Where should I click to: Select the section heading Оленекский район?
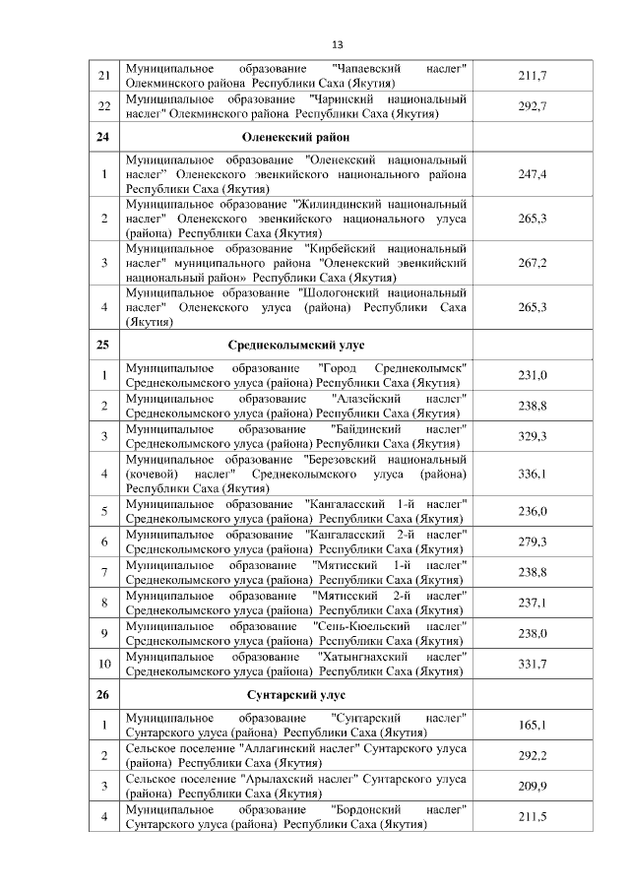(x=295, y=137)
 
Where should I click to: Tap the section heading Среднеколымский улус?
(x=295, y=346)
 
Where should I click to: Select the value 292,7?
(x=532, y=106)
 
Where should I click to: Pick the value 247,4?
(x=532, y=173)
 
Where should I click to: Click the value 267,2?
(x=532, y=263)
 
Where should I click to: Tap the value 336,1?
(x=532, y=474)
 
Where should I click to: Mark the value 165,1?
(x=532, y=726)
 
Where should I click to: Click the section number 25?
(x=103, y=346)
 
